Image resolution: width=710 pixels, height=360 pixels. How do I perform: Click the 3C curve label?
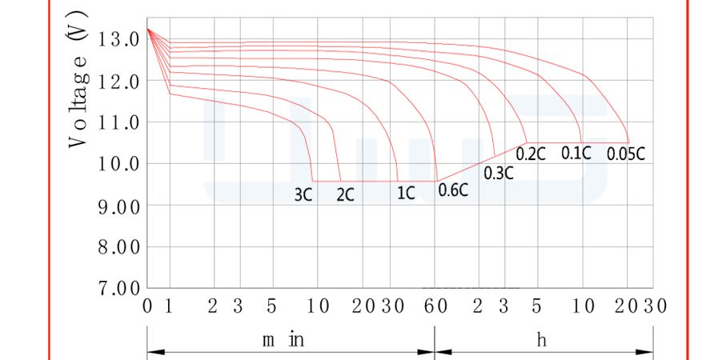click(303, 194)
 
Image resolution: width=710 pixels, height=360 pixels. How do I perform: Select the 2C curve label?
click(346, 194)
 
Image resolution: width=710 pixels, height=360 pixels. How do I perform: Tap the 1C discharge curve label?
click(406, 193)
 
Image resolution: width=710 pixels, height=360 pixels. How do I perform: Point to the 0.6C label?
click(453, 190)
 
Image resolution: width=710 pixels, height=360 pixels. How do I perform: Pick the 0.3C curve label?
click(499, 173)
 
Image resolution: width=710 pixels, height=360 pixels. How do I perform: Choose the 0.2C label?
click(531, 154)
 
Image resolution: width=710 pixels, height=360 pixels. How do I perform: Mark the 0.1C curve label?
click(576, 153)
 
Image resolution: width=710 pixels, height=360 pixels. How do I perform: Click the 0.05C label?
click(626, 154)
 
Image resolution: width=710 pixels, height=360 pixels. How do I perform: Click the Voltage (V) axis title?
click(78, 79)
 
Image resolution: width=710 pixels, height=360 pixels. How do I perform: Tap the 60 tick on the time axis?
click(435, 306)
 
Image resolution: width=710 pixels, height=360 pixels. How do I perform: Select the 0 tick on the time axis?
click(147, 306)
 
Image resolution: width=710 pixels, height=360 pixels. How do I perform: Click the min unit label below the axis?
click(283, 340)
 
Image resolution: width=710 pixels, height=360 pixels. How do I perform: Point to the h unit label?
click(542, 340)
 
